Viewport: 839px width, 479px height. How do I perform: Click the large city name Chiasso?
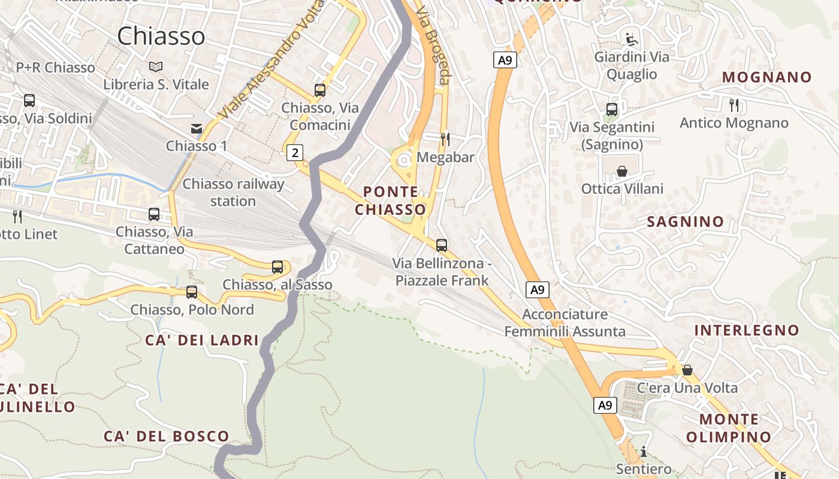tap(161, 37)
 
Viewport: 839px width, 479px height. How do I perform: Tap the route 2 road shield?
tap(294, 153)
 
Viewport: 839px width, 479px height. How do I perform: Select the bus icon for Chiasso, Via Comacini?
tap(320, 90)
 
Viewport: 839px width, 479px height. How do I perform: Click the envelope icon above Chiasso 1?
tap(196, 128)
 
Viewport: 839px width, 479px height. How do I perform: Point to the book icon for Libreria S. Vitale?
tap(156, 66)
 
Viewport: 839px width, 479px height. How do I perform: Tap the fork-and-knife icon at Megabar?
tap(445, 139)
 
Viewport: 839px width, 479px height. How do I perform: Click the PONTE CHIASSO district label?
tap(391, 201)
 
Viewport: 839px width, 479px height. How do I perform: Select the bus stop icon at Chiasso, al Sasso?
tap(277, 267)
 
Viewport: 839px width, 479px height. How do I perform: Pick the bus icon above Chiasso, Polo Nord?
tap(192, 292)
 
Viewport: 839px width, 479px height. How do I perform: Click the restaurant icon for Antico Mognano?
tap(734, 105)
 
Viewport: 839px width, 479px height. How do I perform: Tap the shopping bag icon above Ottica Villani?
tap(622, 171)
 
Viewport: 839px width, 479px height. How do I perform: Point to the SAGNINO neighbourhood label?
tap(685, 222)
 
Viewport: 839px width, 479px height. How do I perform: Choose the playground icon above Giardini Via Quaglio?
tap(631, 40)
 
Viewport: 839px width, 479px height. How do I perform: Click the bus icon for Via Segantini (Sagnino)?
tap(612, 110)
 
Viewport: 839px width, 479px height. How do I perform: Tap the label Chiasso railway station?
tap(233, 192)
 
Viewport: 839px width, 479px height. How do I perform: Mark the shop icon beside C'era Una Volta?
tap(687, 370)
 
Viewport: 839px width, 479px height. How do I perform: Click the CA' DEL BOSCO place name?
tap(167, 436)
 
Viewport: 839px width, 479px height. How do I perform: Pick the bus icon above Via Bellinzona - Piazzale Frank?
tap(442, 245)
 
